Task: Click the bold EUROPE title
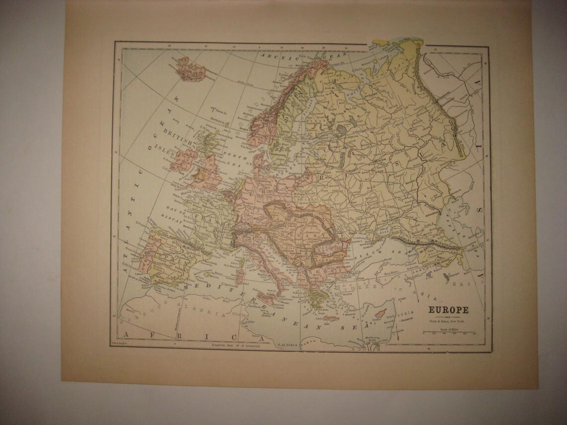[x=448, y=310]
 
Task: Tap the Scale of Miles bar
[x=448, y=333]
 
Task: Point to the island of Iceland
[x=191, y=69]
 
